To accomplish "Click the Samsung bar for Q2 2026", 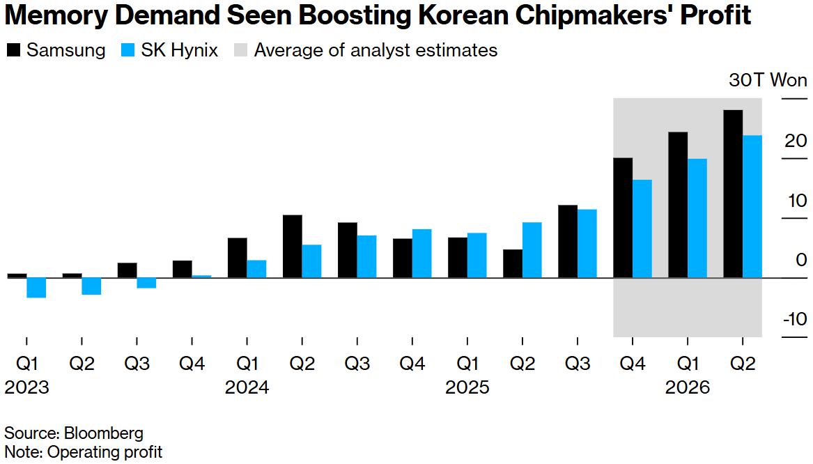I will [733, 194].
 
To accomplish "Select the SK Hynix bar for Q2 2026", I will [752, 206].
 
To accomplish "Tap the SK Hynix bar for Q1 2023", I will [36, 287].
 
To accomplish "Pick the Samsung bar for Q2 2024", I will [293, 246].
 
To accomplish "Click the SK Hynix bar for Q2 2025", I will [532, 249].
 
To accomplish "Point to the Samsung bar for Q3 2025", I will [568, 241].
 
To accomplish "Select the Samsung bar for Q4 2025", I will [623, 217].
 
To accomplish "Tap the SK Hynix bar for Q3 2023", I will [146, 282].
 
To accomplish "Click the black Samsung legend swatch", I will [13, 50].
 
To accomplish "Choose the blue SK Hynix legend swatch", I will [128, 50].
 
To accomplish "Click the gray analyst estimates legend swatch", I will [240, 50].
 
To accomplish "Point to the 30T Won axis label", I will [768, 80].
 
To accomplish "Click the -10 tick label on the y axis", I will [793, 319].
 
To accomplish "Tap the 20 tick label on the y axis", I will [796, 141].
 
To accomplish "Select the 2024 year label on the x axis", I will [247, 387].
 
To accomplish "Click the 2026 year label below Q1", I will [687, 387].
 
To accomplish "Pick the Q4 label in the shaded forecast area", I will [632, 363].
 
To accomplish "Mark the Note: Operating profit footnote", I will [83, 451].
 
